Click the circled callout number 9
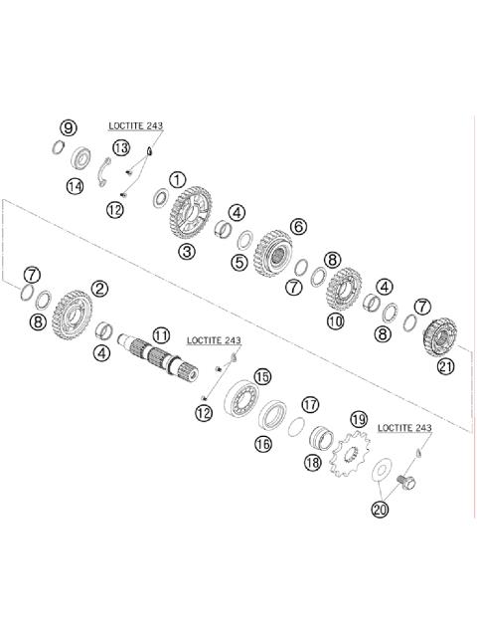pyautogui.click(x=68, y=128)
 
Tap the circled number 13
pyautogui.click(x=120, y=147)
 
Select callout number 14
pyautogui.click(x=75, y=187)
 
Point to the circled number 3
pyautogui.click(x=187, y=252)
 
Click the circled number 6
pyautogui.click(x=298, y=226)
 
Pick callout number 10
pyautogui.click(x=335, y=321)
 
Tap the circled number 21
pyautogui.click(x=445, y=366)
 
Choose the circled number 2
pyautogui.click(x=99, y=289)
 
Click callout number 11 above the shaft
pyautogui.click(x=161, y=335)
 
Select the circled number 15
pyautogui.click(x=262, y=377)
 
